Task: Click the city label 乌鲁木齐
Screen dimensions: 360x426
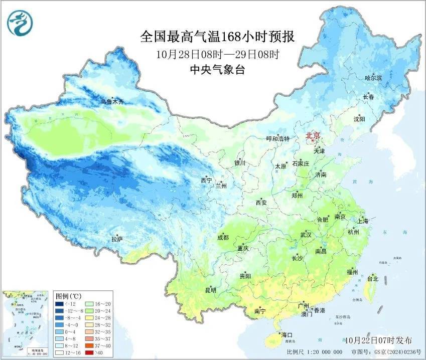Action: [111, 102]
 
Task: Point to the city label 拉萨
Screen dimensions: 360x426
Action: [117, 240]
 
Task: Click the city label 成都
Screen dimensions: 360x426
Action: [223, 238]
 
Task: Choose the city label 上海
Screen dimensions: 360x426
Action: [362, 221]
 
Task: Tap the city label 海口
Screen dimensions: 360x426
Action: [287, 335]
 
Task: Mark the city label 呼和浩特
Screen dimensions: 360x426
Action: [277, 139]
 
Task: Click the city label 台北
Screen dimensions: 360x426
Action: [373, 279]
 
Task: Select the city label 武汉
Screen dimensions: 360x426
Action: [306, 235]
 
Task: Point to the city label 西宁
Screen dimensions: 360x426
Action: [206, 180]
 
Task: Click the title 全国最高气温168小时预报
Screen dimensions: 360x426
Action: [217, 37]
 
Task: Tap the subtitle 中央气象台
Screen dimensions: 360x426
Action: [217, 70]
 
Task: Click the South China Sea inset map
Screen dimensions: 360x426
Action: [26, 323]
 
